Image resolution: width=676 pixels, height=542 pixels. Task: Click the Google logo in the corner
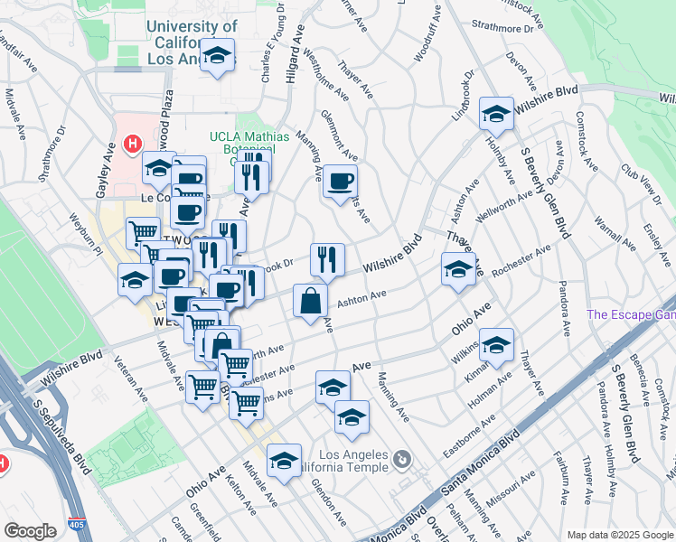click(x=30, y=531)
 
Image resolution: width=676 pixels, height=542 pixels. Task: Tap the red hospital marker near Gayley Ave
click(x=133, y=144)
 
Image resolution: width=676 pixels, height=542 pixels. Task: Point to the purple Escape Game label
click(x=631, y=315)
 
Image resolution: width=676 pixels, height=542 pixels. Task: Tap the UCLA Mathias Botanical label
click(x=249, y=144)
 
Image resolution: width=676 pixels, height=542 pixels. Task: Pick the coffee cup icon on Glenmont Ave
click(x=341, y=181)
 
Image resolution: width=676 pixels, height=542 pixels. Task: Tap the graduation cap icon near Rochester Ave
click(x=458, y=268)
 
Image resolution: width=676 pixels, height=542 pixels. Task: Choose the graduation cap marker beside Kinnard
click(x=495, y=344)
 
